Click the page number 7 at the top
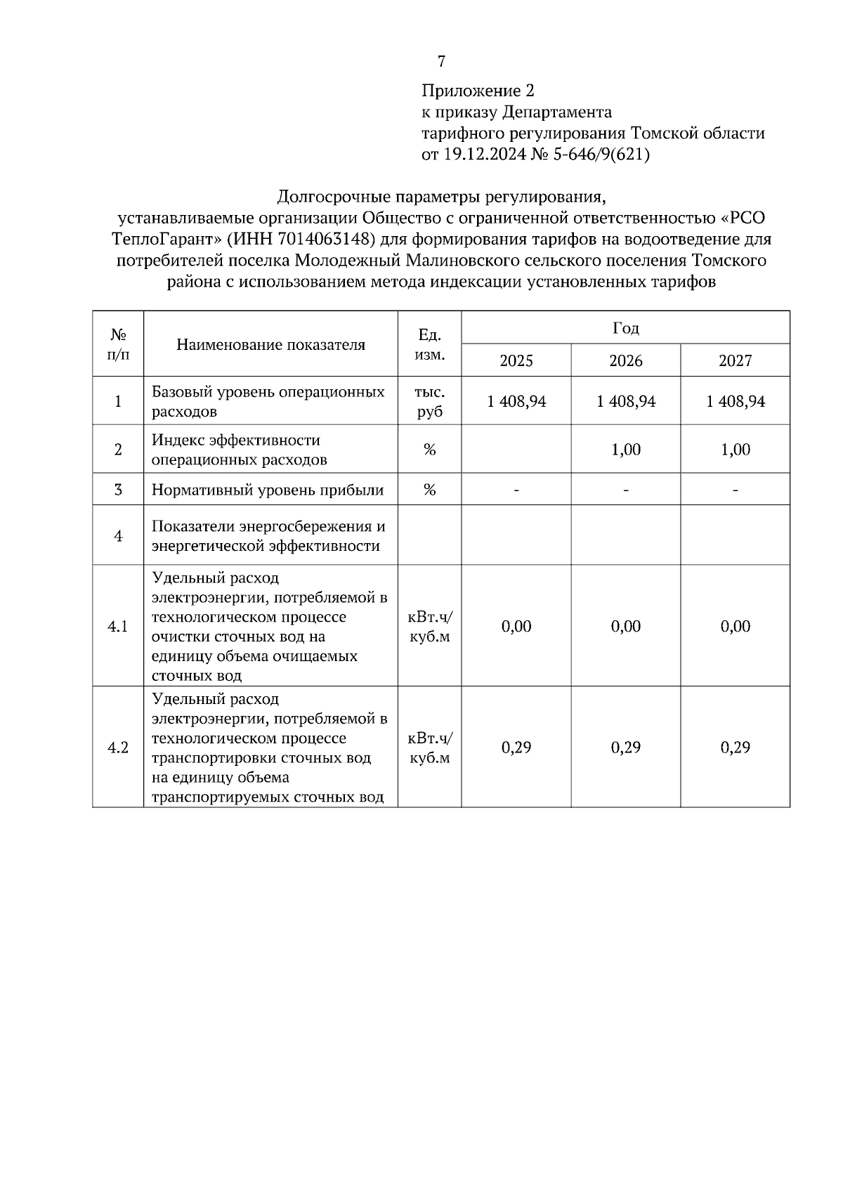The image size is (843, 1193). click(441, 62)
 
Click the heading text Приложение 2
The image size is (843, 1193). click(478, 91)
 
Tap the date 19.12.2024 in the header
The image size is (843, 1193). click(477, 155)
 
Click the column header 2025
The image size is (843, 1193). click(516, 360)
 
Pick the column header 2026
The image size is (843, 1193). click(625, 360)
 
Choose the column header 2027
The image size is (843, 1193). click(735, 360)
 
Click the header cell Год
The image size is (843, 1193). click(625, 328)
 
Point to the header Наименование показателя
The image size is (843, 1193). click(270, 344)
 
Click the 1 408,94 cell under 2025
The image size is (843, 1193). click(516, 401)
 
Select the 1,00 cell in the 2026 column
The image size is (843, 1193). click(625, 450)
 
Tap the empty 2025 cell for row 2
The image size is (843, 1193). click(516, 450)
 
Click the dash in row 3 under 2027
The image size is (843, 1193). click(735, 490)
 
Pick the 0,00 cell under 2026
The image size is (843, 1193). click(625, 626)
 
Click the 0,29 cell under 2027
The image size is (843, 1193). click(735, 748)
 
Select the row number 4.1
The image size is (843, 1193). click(117, 626)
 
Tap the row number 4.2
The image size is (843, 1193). click(117, 748)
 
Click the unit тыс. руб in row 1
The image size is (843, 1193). click(429, 401)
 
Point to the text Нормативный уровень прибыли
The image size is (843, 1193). click(268, 490)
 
